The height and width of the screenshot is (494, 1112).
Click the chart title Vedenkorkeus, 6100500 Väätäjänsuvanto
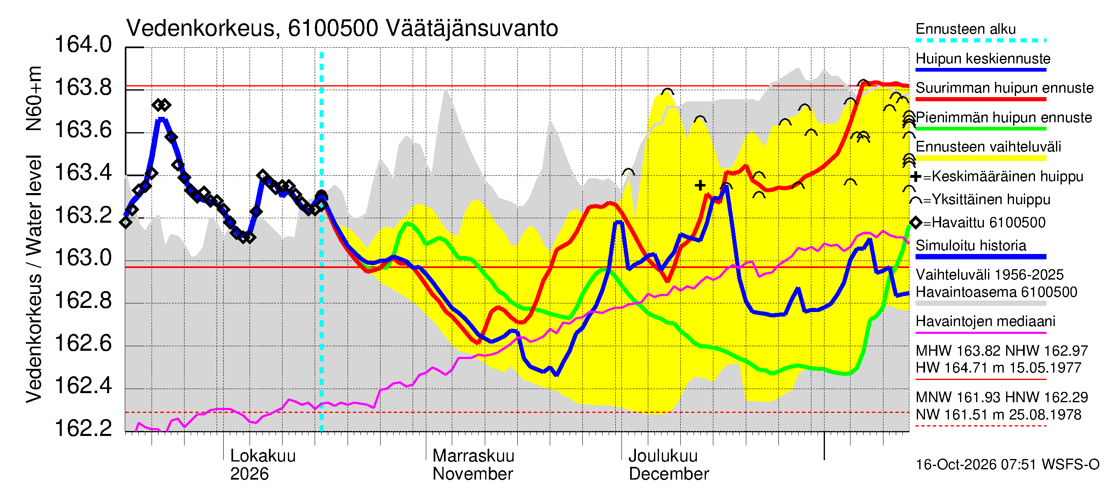[x=342, y=29]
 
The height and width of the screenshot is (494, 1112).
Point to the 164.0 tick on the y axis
[x=83, y=45]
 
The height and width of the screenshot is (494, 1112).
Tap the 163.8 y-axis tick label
[x=83, y=88]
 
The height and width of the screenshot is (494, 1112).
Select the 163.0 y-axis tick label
[x=83, y=258]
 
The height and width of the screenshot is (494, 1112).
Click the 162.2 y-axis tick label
[x=83, y=428]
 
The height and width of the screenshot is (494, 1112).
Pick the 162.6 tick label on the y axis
[x=83, y=343]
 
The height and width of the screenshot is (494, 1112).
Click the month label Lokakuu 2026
[x=263, y=465]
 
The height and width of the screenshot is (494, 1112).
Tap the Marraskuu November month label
[x=473, y=465]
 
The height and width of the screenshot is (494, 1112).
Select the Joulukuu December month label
[x=669, y=465]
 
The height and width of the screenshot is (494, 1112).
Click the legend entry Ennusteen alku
[x=966, y=29]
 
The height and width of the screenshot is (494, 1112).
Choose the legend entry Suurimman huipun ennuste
[x=1005, y=88]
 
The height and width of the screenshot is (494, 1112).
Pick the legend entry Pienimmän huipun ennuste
[x=1004, y=118]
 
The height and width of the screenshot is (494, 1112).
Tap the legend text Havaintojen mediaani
[x=986, y=322]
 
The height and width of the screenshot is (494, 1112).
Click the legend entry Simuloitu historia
[x=970, y=245]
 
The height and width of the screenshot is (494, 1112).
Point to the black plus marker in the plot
[x=700, y=186]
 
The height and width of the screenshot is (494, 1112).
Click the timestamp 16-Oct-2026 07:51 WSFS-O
[x=1007, y=465]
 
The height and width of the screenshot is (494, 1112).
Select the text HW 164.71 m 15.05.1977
[x=998, y=368]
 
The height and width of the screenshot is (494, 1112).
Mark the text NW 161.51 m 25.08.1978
[x=998, y=415]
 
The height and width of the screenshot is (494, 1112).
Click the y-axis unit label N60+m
[x=34, y=99]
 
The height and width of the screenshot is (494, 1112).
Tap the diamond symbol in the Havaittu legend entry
[x=916, y=223]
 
